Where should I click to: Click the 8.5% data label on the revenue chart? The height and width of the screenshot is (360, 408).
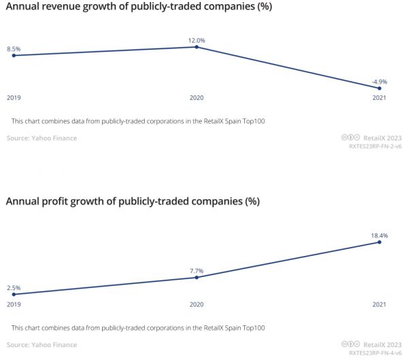pyautogui.click(x=14, y=49)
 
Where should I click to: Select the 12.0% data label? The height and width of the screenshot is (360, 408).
pyautogui.click(x=197, y=40)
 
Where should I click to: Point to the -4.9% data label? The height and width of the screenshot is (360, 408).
pyautogui.click(x=379, y=82)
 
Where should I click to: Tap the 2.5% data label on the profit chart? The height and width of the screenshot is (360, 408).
pyautogui.click(x=14, y=288)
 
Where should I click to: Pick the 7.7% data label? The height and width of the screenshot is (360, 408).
pyautogui.click(x=197, y=271)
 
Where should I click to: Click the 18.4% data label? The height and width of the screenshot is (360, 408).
pyautogui.click(x=379, y=235)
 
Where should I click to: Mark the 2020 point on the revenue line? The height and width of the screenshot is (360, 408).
pyautogui.click(x=197, y=47)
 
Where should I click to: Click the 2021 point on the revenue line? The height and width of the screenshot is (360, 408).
pyautogui.click(x=379, y=88)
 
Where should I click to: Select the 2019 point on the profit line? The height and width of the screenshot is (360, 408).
pyautogui.click(x=14, y=295)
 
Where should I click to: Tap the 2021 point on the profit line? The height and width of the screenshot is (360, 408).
pyautogui.click(x=379, y=242)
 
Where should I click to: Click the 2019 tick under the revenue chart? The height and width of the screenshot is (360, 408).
pyautogui.click(x=14, y=99)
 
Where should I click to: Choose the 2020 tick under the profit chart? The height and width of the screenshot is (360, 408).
pyautogui.click(x=197, y=305)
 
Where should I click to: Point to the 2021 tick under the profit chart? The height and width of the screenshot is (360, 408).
pyautogui.click(x=379, y=305)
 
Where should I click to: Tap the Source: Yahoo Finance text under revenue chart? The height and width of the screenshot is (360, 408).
pyautogui.click(x=41, y=138)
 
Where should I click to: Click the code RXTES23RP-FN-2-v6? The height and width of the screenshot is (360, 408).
pyautogui.click(x=375, y=146)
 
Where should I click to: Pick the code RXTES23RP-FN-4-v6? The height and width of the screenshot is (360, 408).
pyautogui.click(x=375, y=353)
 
